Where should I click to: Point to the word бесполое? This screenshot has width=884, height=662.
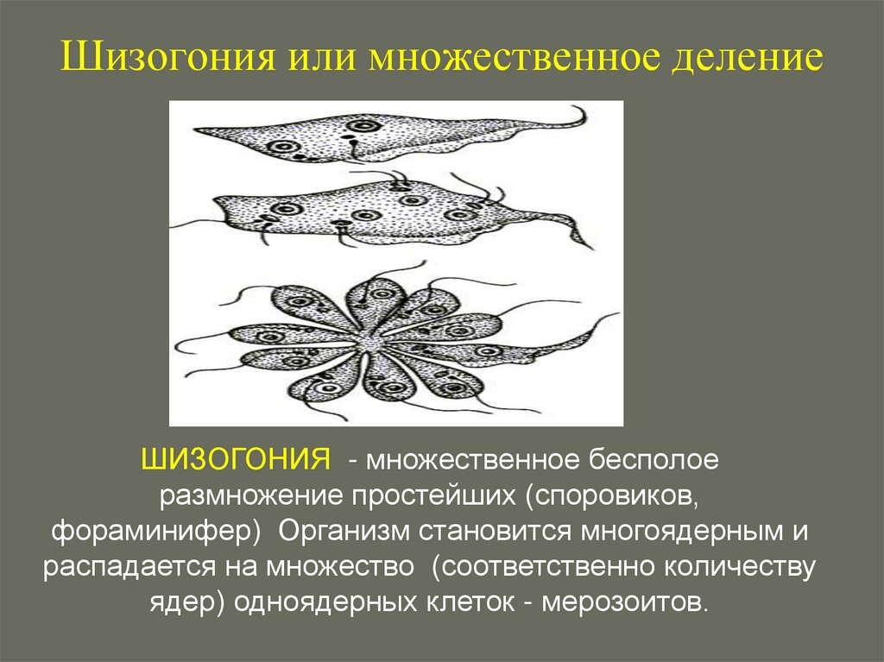(x=657, y=458)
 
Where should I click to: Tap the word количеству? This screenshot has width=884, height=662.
(x=743, y=567)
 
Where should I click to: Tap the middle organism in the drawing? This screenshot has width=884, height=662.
(x=380, y=211)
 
